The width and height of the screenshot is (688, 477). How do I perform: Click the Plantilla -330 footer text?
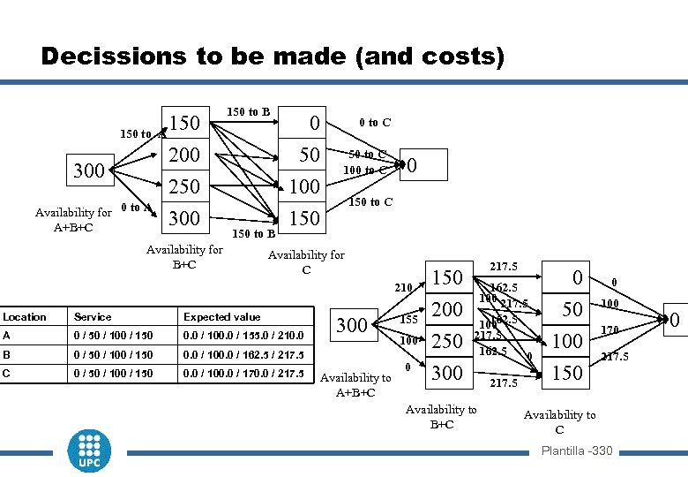(576, 451)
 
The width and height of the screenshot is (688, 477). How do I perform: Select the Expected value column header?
(222, 316)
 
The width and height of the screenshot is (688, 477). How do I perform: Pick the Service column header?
(93, 316)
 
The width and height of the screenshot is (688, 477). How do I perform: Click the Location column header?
(25, 316)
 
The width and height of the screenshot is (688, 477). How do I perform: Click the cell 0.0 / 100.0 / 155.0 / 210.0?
(243, 336)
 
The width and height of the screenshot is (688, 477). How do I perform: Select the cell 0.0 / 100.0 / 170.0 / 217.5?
(243, 373)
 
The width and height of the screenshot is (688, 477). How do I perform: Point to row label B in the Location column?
(7, 354)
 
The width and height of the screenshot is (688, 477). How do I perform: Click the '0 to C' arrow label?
(374, 123)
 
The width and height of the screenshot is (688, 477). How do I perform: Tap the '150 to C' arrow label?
(371, 202)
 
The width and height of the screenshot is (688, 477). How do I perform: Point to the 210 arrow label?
(404, 287)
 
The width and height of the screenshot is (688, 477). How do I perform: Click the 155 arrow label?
(408, 319)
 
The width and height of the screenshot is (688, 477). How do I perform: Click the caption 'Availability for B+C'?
(184, 256)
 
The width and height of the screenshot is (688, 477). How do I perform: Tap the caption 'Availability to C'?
(559, 421)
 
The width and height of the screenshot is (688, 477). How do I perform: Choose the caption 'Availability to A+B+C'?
(355, 384)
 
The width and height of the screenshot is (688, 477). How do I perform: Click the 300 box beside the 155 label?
(352, 325)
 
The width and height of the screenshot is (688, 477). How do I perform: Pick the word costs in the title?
(437, 57)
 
